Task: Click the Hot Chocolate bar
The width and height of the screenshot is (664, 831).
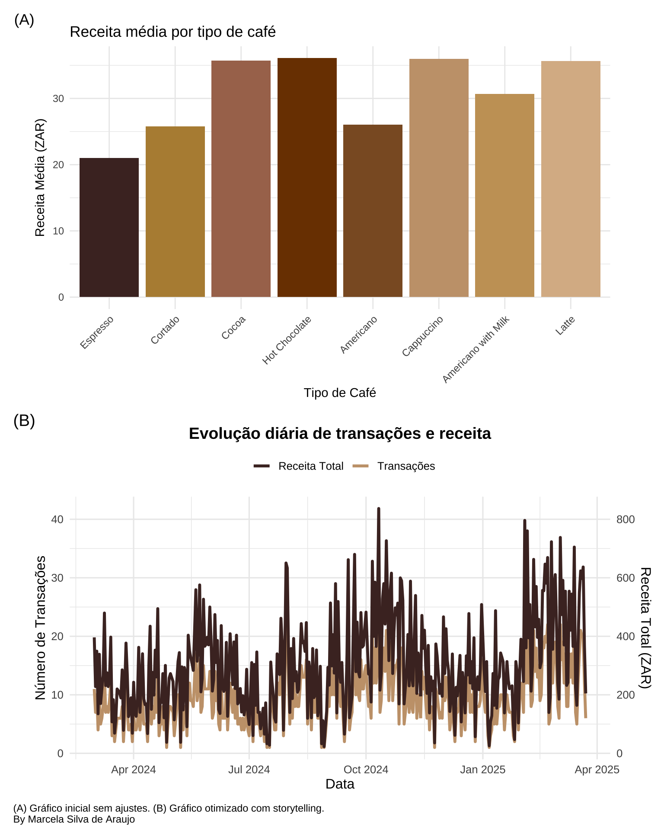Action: coord(307,177)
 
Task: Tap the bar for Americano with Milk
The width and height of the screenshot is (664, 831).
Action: coord(504,195)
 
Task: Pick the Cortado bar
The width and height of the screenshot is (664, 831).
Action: coord(175,212)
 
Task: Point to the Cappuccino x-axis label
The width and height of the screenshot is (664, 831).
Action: coord(423,336)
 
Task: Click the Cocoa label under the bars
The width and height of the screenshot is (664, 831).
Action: coord(234,327)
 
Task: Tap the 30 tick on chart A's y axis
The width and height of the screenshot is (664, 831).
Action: coord(58,99)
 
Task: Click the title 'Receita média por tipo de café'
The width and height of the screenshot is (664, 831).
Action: coord(172,32)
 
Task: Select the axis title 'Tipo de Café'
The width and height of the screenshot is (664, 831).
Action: coord(340,393)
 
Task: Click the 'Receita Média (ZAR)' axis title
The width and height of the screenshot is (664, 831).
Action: coord(40,177)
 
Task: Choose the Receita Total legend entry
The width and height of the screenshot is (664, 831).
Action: coord(310,466)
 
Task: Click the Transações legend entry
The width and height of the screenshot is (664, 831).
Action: coord(405,466)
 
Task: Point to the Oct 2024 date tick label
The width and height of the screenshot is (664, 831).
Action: coord(366,770)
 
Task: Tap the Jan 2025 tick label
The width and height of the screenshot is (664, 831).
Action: coord(482,770)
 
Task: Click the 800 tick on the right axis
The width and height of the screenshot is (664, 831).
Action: coord(626,519)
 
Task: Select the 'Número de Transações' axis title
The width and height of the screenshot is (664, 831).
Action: coord(40,628)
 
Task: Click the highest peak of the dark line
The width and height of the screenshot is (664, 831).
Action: coord(378,509)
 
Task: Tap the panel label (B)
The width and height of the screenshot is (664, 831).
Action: coord(24,421)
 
